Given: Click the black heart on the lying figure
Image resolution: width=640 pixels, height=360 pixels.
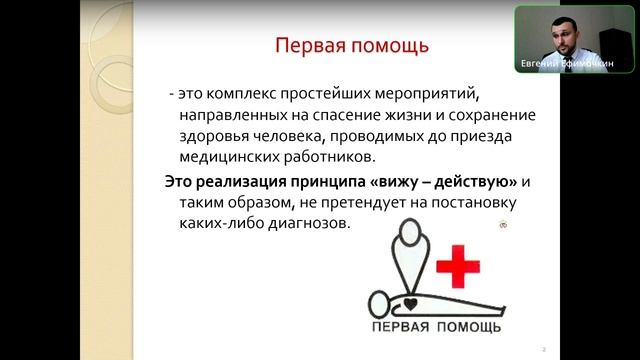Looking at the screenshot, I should (410, 300).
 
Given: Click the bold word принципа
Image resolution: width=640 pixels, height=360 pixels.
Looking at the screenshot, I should (333, 182).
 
